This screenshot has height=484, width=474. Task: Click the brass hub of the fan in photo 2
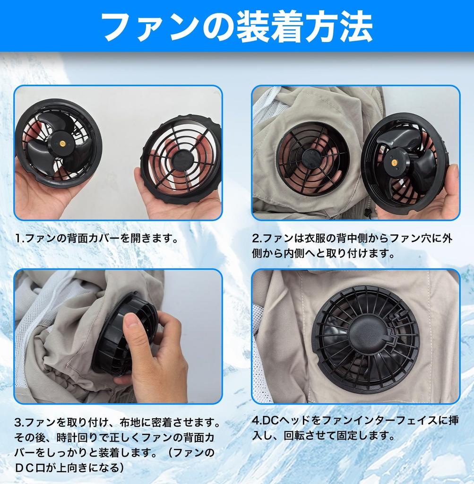pyautogui.click(x=393, y=162)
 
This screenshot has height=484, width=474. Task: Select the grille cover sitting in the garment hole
pyautogui.click(x=313, y=158)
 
